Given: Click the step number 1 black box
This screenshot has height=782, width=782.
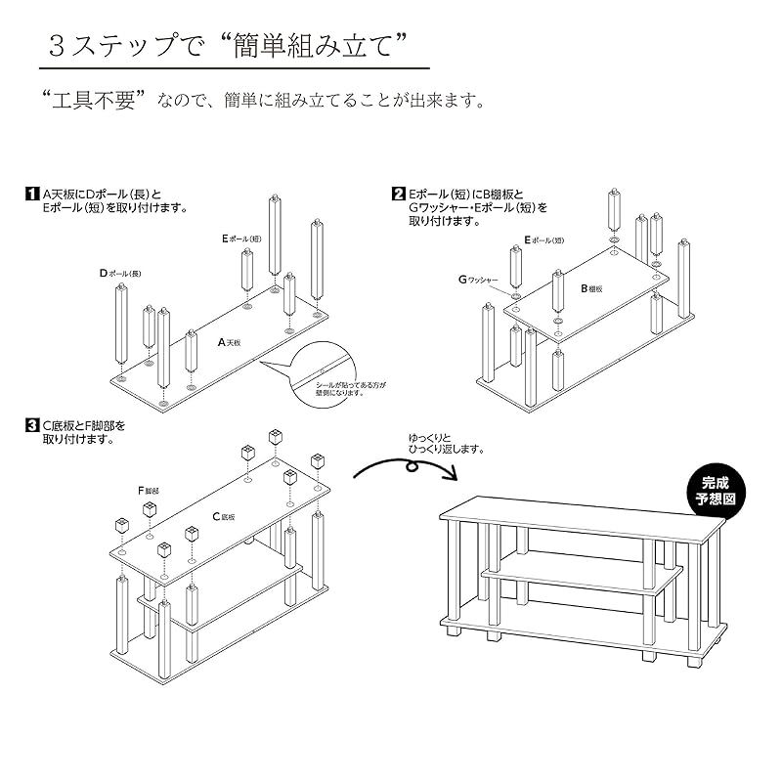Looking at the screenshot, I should click(x=32, y=194).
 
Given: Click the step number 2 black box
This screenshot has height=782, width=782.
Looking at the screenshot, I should click(x=399, y=194).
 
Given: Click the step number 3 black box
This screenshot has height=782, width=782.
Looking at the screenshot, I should click(x=32, y=426).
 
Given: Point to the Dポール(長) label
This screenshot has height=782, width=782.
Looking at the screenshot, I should click(x=120, y=273).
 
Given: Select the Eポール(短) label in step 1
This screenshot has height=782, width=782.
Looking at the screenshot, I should click(x=241, y=239).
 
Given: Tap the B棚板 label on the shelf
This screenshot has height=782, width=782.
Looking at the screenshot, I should click(x=592, y=289).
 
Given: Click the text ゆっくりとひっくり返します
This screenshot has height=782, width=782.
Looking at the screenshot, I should click(x=446, y=443).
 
